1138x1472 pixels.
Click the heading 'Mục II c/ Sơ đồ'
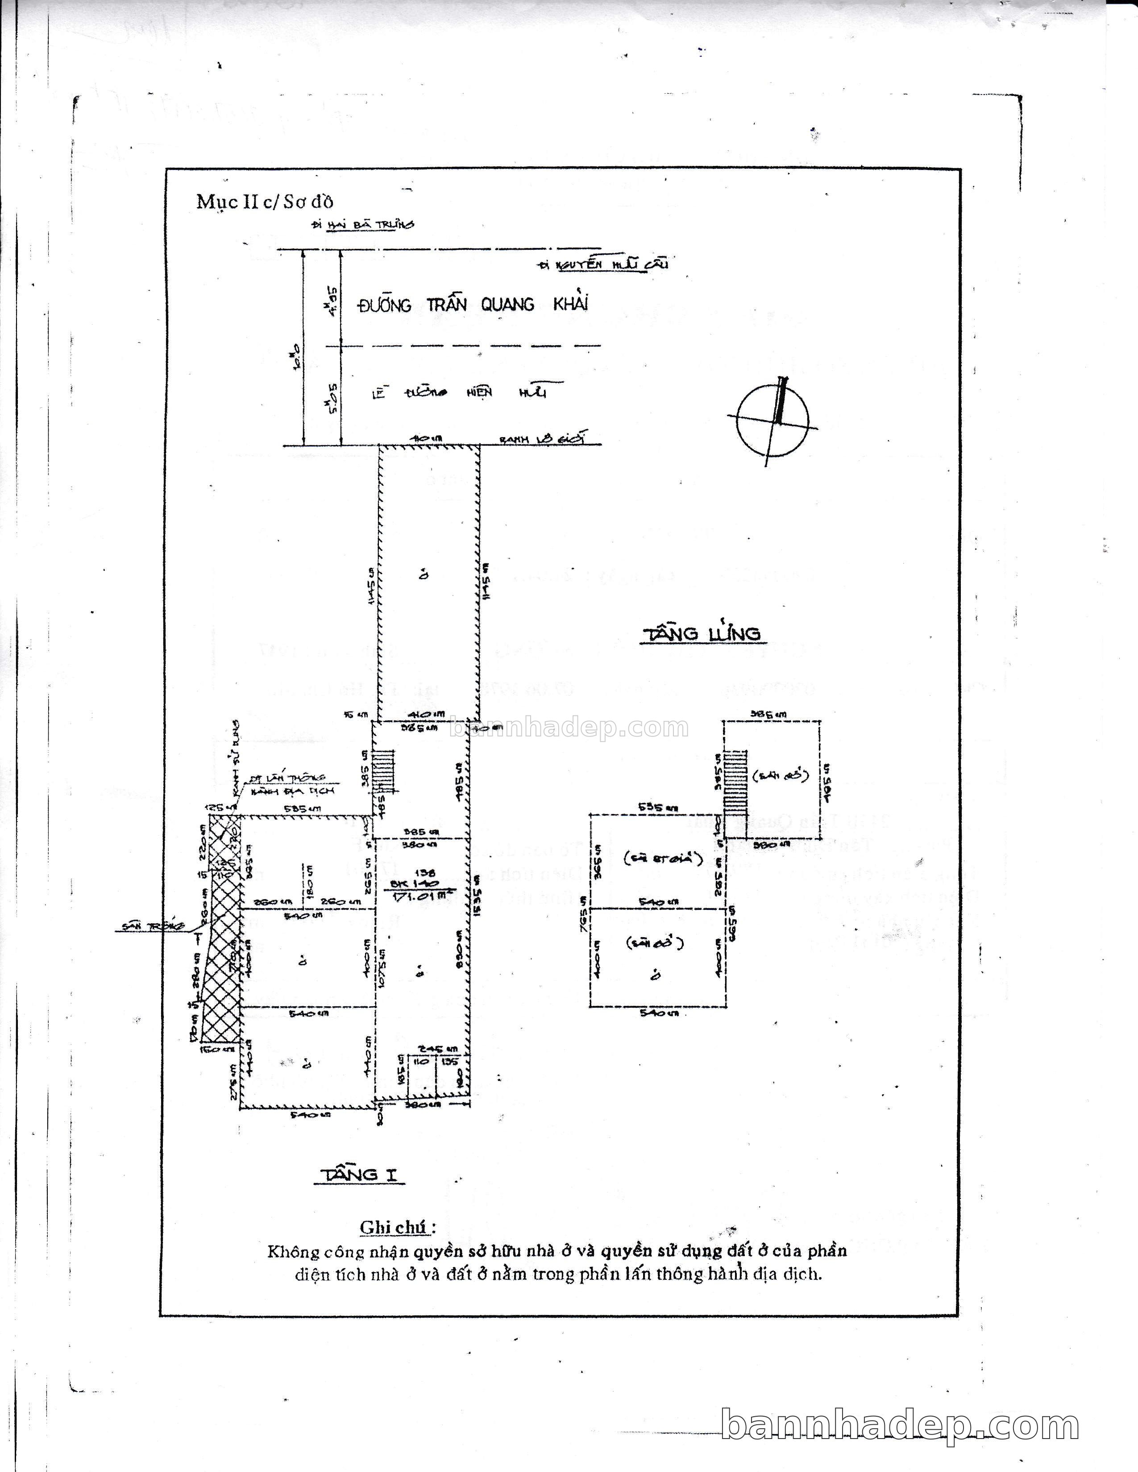coord(265,202)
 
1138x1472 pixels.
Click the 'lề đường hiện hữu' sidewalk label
coord(458,392)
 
